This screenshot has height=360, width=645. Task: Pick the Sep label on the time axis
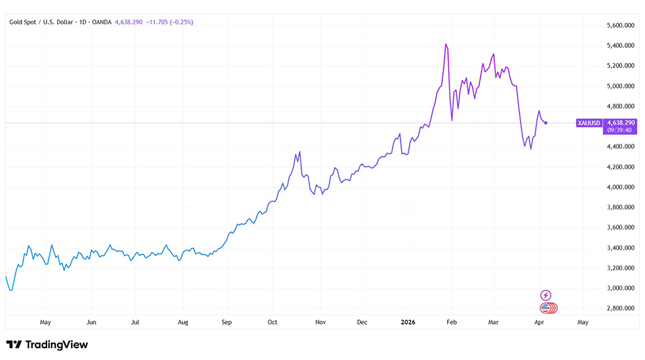click(227, 323)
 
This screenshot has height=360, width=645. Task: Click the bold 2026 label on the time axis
click(408, 323)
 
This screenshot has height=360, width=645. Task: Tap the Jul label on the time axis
click(134, 323)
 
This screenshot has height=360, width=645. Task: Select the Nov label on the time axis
click(321, 323)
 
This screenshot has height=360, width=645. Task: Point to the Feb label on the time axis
click(451, 323)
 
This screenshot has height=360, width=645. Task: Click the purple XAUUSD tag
click(588, 123)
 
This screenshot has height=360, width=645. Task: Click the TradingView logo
click(47, 345)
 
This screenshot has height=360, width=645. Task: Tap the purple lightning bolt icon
click(545, 296)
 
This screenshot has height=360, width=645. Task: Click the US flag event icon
click(545, 308)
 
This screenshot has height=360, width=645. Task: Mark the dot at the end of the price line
click(546, 123)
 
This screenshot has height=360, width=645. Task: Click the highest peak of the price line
click(446, 44)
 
